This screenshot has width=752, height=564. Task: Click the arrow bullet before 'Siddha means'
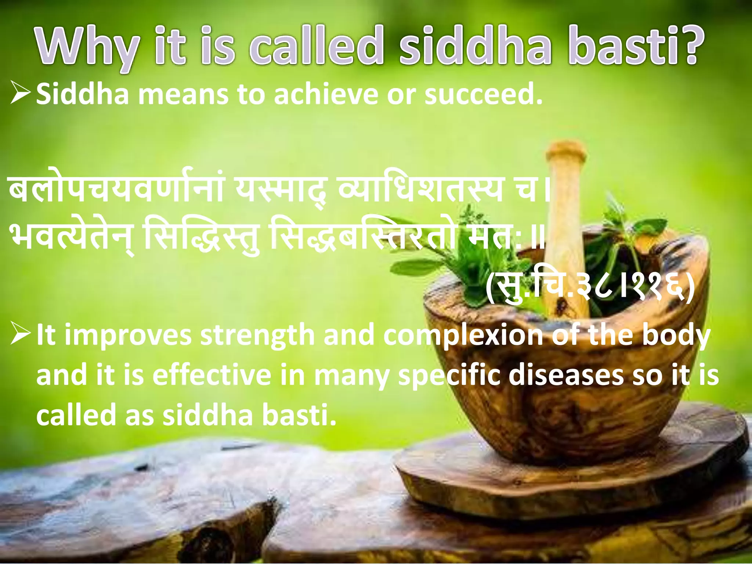pyautogui.click(x=21, y=94)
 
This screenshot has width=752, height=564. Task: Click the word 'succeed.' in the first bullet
pyautogui.click(x=482, y=94)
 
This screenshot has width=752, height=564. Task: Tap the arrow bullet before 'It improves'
pyautogui.click(x=21, y=335)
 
